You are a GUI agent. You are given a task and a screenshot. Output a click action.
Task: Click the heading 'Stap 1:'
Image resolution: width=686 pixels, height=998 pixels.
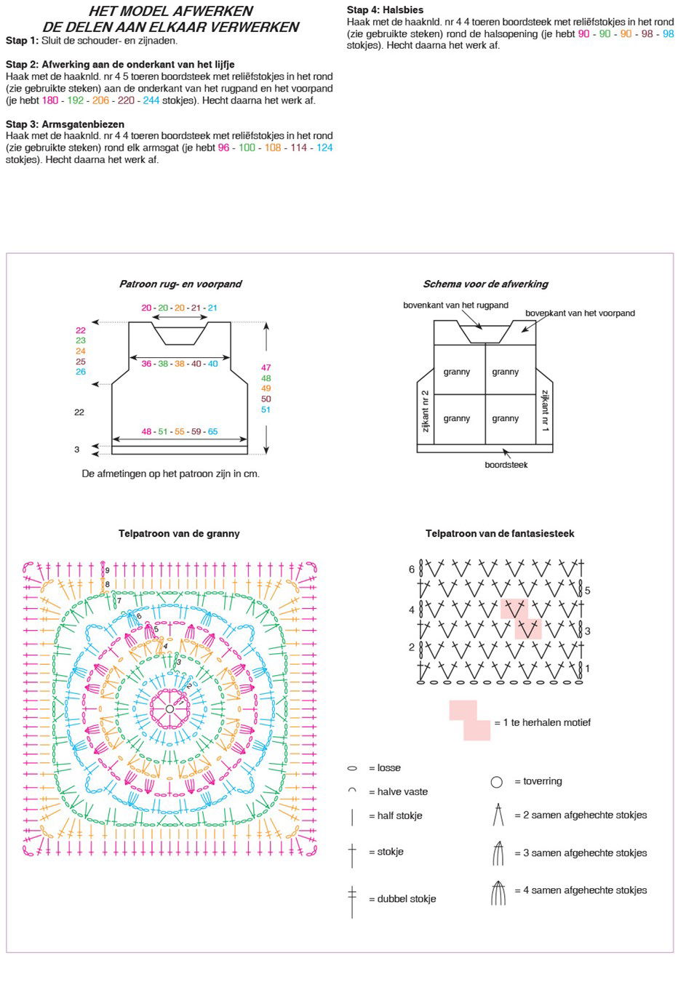click(22, 41)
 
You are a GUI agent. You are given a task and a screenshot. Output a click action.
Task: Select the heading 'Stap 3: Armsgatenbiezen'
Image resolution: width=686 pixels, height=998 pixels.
click(65, 124)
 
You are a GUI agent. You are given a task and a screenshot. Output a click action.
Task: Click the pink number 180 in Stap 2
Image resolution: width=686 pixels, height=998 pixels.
click(50, 100)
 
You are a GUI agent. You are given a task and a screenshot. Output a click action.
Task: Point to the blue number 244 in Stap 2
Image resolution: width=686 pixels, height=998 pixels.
click(151, 100)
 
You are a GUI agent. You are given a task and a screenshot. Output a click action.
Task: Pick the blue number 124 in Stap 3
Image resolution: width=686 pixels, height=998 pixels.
click(324, 148)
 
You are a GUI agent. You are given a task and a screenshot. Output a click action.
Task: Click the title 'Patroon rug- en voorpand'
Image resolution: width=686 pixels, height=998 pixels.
click(180, 284)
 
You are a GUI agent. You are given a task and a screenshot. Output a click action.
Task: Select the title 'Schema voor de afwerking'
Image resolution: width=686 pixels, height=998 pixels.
click(486, 284)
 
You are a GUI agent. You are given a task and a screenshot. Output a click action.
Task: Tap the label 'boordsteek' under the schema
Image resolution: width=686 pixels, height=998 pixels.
click(506, 465)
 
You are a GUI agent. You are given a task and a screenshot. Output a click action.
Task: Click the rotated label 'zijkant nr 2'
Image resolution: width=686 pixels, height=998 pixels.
click(426, 411)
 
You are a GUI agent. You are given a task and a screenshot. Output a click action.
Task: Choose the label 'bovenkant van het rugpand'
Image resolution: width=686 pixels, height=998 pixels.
click(456, 306)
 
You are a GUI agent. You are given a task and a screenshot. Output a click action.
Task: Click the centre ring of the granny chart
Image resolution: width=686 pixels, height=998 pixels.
click(169, 708)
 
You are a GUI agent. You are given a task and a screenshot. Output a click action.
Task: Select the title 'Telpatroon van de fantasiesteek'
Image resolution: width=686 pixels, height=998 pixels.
click(500, 534)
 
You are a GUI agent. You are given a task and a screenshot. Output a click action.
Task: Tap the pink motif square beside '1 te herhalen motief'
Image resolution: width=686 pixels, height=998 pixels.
click(470, 721)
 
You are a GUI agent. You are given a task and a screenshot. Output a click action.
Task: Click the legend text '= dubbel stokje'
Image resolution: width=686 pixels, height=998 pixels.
click(402, 899)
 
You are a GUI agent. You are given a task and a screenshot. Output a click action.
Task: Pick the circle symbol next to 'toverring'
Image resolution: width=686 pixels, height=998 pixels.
click(497, 782)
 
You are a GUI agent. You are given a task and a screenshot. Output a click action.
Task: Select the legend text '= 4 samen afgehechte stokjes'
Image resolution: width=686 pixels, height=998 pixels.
click(581, 890)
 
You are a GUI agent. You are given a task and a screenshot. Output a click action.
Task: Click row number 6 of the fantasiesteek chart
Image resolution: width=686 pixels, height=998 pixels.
click(412, 570)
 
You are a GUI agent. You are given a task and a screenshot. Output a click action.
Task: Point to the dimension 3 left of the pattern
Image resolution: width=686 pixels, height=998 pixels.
click(77, 450)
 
